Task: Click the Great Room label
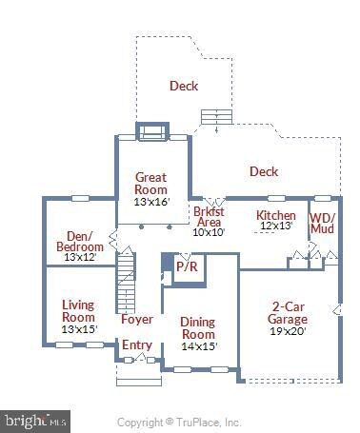click(150, 183)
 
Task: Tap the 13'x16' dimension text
click(150, 202)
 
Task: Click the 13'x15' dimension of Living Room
click(78, 329)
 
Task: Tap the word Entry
click(136, 344)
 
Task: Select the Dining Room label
click(198, 328)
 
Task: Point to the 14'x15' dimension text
click(198, 346)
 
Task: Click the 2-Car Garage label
click(289, 313)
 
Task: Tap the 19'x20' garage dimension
click(289, 332)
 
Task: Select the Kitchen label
click(276, 216)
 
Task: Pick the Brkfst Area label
click(209, 216)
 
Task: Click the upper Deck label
click(184, 87)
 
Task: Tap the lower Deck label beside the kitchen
click(264, 171)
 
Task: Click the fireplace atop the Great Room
click(151, 131)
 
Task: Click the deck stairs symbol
click(215, 116)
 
